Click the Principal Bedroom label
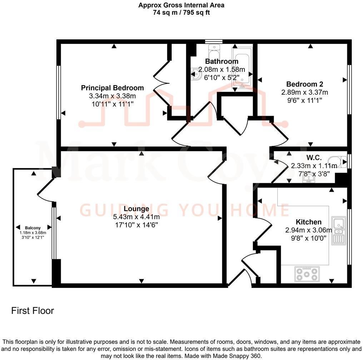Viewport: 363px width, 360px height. pyautogui.click(x=112, y=88)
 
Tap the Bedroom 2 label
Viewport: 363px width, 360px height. pyautogui.click(x=304, y=84)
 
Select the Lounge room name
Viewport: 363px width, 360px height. pyautogui.click(x=136, y=209)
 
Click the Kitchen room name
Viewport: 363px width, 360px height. pyautogui.click(x=308, y=222)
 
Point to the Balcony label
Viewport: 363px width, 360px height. pyautogui.click(x=33, y=228)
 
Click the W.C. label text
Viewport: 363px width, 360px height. pyautogui.click(x=314, y=157)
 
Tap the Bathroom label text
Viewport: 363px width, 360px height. pyautogui.click(x=222, y=61)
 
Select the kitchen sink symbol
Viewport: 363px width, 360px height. pyautogui.click(x=338, y=230)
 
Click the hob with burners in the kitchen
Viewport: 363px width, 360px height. pyautogui.click(x=306, y=274)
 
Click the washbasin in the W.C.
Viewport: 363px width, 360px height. pyautogui.click(x=308, y=179)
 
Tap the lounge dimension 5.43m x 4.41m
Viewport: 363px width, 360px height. pyautogui.click(x=136, y=217)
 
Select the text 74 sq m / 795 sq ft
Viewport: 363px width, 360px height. pyautogui.click(x=181, y=12)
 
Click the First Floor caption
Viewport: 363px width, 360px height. pyautogui.click(x=33, y=311)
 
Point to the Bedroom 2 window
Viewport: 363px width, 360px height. pyautogui.click(x=349, y=89)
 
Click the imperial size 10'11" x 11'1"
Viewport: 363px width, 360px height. pyautogui.click(x=112, y=104)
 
